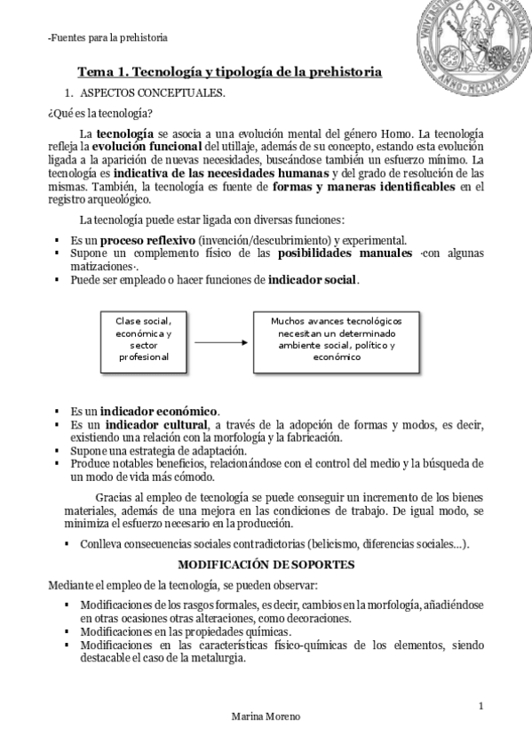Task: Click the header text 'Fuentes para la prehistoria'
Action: [107, 37]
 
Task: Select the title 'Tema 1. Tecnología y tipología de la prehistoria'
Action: [229, 69]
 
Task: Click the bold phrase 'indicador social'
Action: [312, 279]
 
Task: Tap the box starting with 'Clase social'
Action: [143, 340]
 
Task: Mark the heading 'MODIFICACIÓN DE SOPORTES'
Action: [266, 565]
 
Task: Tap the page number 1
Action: [480, 707]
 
